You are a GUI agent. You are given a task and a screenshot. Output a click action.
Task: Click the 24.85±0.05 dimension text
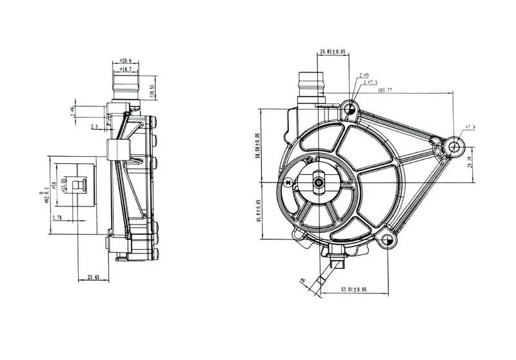click(x=332, y=52)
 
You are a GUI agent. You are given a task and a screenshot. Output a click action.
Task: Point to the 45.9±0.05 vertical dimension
click(x=259, y=210)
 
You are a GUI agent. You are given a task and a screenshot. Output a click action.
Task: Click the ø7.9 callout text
click(x=470, y=127)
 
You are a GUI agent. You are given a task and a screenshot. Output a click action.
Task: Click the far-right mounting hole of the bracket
click(x=454, y=146)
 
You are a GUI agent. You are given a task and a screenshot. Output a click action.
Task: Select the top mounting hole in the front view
click(x=350, y=108)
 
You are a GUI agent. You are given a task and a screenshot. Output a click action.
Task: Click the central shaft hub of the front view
click(x=320, y=183)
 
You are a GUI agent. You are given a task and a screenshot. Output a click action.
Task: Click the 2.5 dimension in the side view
click(x=95, y=127)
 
